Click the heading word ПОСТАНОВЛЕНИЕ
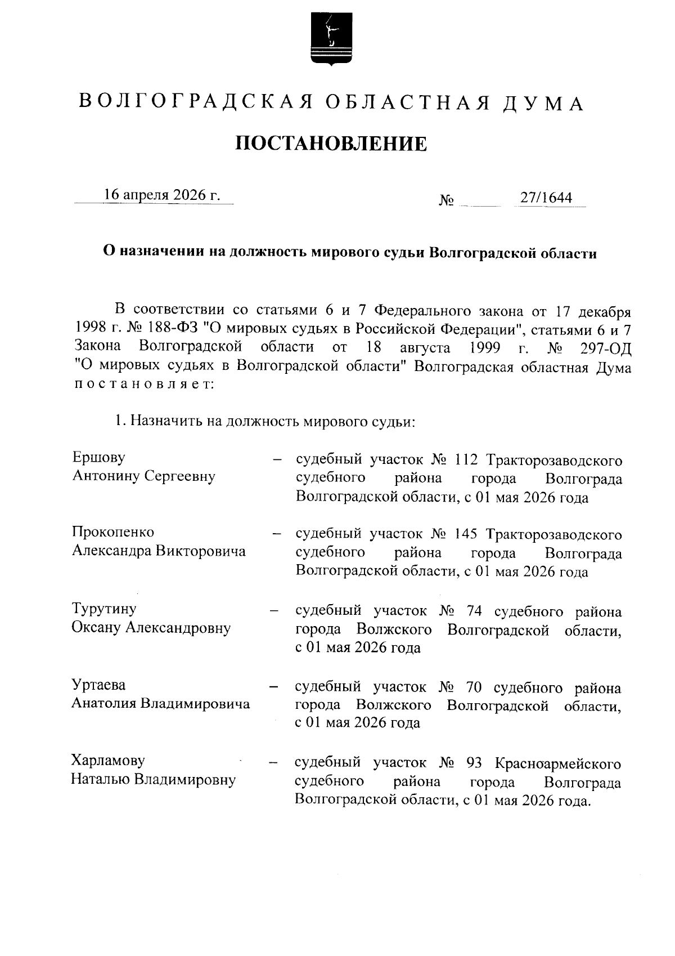pyautogui.click(x=331, y=144)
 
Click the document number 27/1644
pyautogui.click(x=546, y=198)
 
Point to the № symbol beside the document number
pyautogui.click(x=447, y=200)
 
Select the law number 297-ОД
pyautogui.click(x=605, y=347)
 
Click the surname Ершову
pyautogui.click(x=99, y=457)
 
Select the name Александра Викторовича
pyautogui.click(x=159, y=551)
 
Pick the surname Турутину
pyautogui.click(x=104, y=609)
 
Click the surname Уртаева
pyautogui.click(x=98, y=685)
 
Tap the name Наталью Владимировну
pyautogui.click(x=153, y=780)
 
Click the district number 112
pyautogui.click(x=466, y=460)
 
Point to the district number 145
pyautogui.click(x=466, y=534)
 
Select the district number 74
pyautogui.click(x=475, y=611)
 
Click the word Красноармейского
pyautogui.click(x=558, y=764)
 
